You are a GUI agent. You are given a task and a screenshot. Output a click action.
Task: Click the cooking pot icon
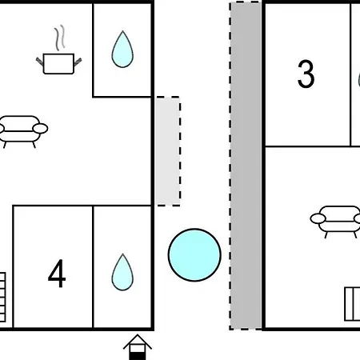coord(58,63)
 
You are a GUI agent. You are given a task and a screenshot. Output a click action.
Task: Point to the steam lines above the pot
coord(60,38)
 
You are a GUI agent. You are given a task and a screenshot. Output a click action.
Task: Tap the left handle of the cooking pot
coord(40,62)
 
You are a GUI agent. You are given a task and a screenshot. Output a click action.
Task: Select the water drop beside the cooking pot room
coord(122,50)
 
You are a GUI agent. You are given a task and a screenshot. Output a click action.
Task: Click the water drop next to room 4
coord(122,272)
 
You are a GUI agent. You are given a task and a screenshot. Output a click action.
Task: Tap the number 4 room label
coord(57,274)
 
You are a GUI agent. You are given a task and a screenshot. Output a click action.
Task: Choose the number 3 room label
coord(306,74)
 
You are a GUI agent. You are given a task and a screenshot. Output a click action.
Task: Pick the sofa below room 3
coord(335,222)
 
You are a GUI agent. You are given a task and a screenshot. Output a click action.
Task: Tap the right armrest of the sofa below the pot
coord(40,129)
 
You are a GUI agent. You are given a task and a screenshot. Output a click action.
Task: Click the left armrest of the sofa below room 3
coord(318,218)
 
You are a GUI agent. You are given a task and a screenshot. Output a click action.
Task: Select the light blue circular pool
coord(194,255)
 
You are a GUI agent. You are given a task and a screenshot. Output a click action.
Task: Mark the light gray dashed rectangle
coord(168,151)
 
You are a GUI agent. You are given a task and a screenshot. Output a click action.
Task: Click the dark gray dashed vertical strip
coord(246,166)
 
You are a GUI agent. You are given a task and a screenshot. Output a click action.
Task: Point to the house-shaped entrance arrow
coord(138,347)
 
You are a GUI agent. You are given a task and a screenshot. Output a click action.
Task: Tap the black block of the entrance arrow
coord(138,357)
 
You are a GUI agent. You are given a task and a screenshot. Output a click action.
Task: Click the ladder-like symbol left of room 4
coord(2,297)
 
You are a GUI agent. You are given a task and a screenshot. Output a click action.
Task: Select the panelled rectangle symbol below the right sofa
coord(352,304)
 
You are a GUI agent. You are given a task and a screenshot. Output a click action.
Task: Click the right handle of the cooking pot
coord(78,62)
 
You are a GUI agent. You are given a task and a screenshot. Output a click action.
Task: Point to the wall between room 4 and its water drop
coord(93,267)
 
